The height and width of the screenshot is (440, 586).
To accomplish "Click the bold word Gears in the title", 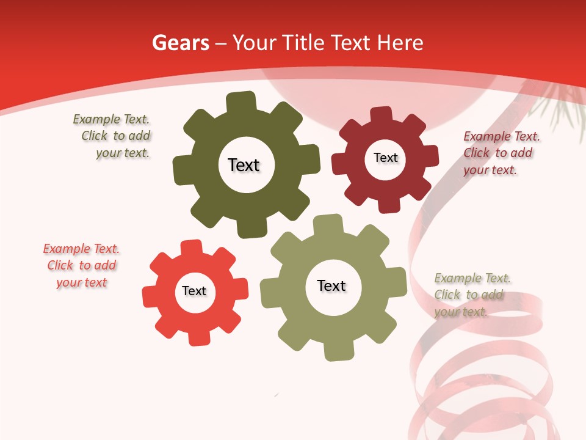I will [180, 43].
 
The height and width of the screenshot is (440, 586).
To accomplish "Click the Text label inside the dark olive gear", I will [244, 165].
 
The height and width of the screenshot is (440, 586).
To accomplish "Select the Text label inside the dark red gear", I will [385, 158].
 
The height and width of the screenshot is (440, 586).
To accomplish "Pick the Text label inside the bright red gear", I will [194, 291].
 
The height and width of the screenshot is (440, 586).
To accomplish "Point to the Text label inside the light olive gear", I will [331, 285].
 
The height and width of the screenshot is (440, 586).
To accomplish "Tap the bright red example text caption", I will [81, 265].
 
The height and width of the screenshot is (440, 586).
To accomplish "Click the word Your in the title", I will [252, 43].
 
